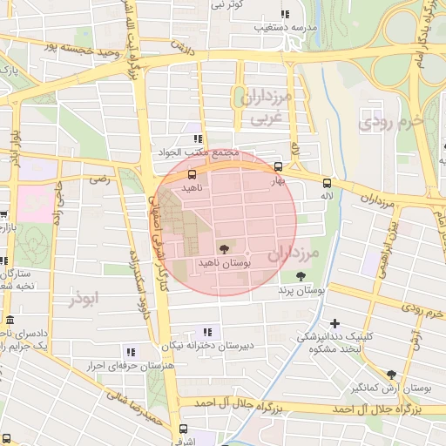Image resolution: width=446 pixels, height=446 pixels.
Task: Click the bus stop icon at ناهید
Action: click(x=192, y=174)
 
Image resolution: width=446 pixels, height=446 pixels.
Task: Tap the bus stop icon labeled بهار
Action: click(x=278, y=166)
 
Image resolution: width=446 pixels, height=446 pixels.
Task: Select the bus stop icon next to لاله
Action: click(x=327, y=183)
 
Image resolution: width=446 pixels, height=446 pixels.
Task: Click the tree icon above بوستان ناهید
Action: click(x=225, y=248)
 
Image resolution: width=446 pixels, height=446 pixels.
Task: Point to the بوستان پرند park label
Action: click(x=301, y=289)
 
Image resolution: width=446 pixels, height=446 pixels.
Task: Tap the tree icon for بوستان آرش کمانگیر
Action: click(x=390, y=374)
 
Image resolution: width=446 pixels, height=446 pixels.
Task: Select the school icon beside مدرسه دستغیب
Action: click(x=284, y=14)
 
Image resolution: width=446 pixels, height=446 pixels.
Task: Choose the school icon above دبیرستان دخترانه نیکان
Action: click(x=207, y=332)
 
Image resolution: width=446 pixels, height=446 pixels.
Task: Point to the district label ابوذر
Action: click(x=87, y=298)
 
